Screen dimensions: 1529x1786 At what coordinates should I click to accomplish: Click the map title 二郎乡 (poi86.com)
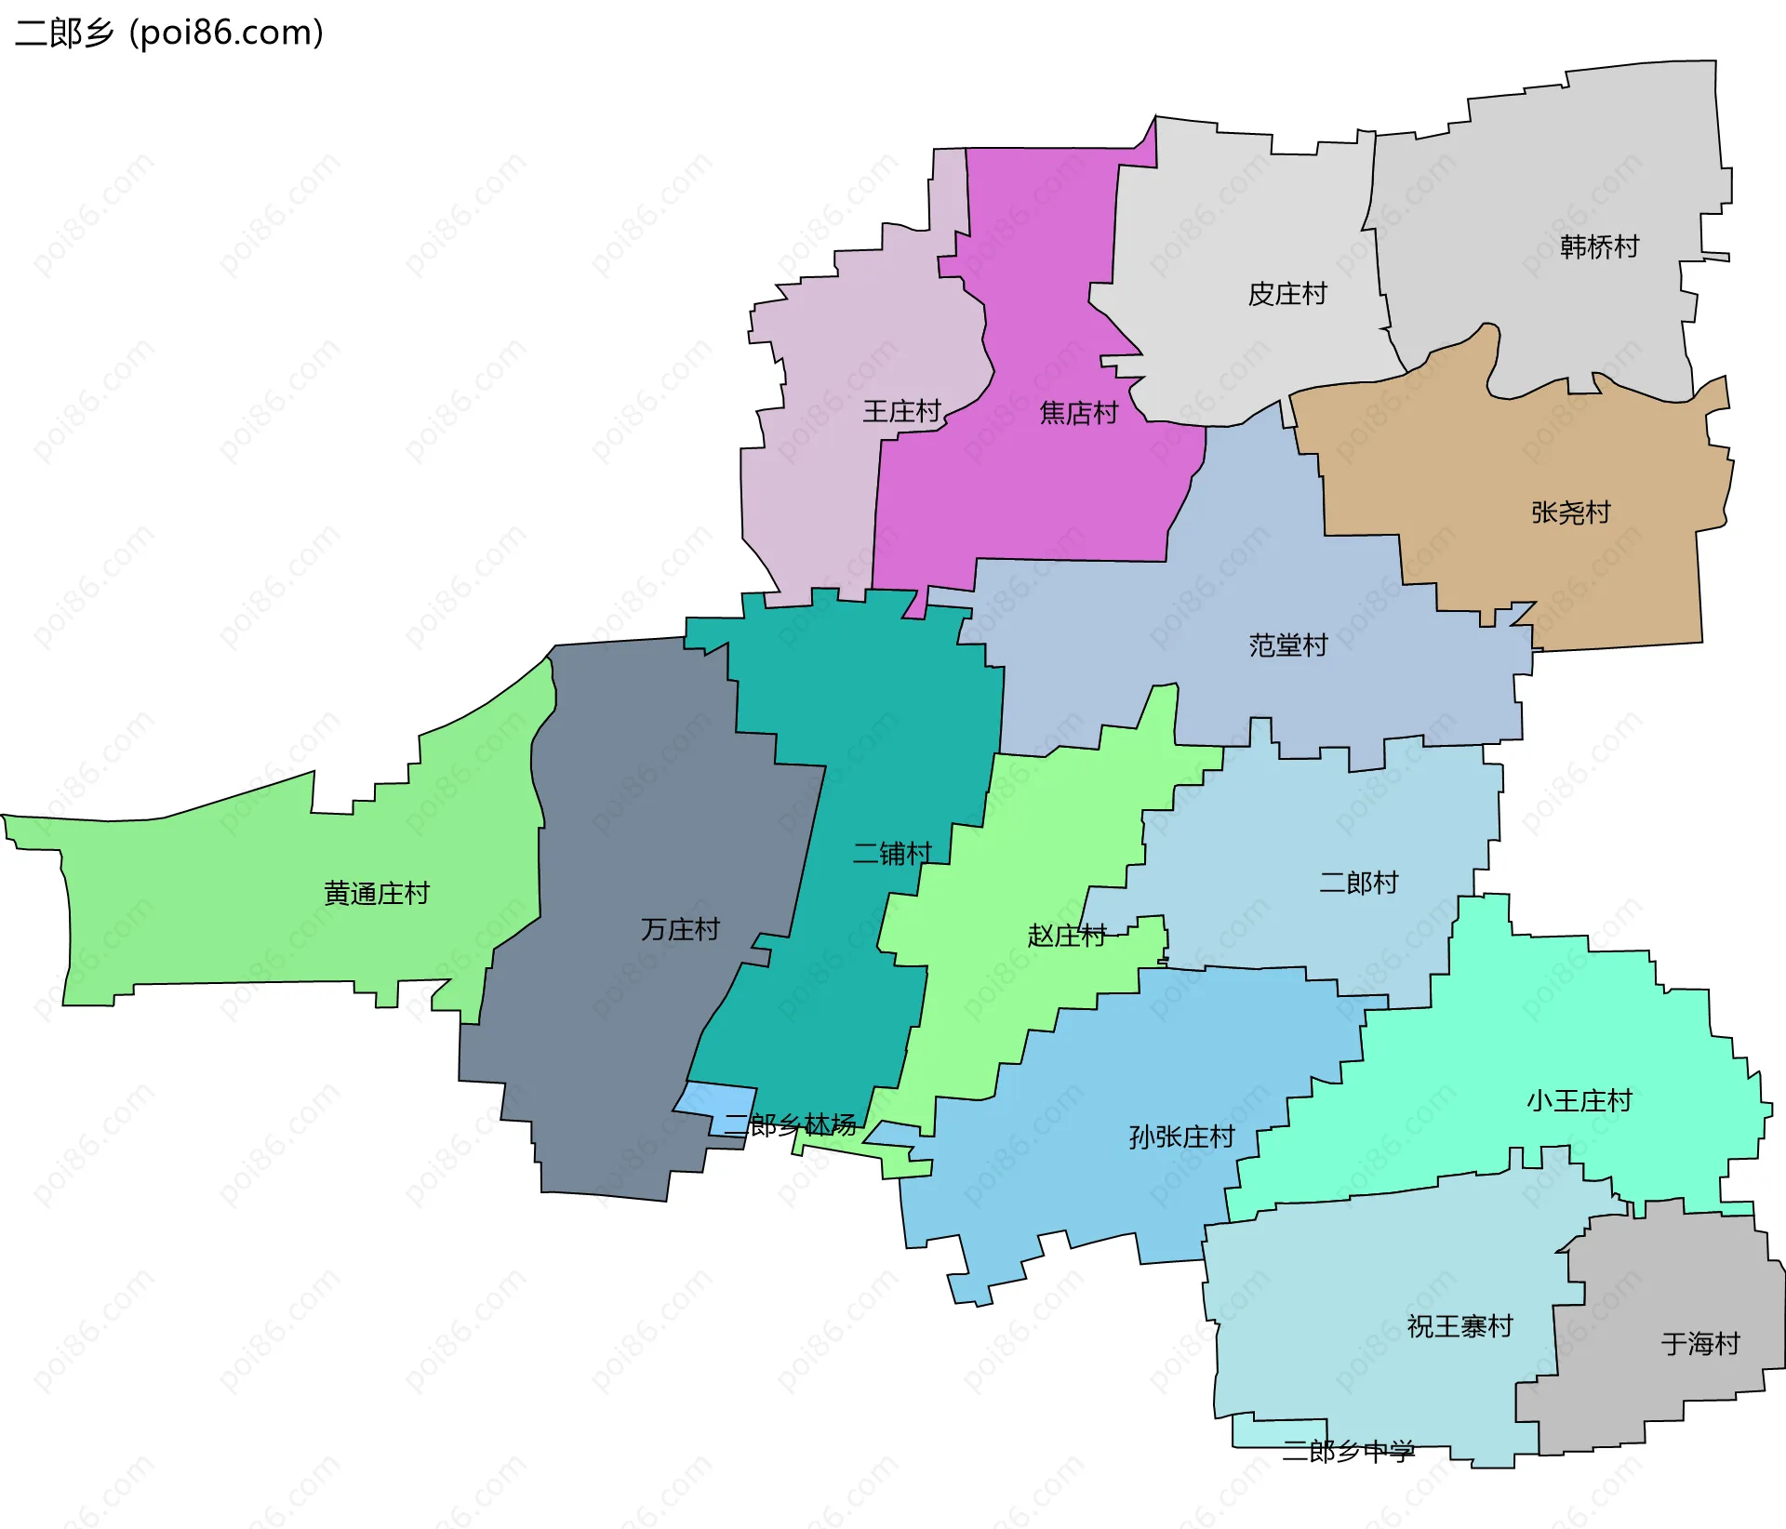pos(169,33)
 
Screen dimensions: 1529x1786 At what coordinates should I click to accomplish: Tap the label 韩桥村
pos(1599,246)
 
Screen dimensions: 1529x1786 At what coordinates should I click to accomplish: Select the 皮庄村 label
pos(1287,294)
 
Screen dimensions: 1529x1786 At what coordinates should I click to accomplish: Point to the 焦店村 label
pos(1079,413)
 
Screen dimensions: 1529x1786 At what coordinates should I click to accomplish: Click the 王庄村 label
pos(901,411)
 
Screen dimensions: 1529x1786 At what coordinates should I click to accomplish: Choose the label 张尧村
pos(1570,512)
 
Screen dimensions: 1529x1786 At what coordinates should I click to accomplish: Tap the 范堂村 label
pos(1287,645)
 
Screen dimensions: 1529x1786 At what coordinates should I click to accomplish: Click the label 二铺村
pos(892,853)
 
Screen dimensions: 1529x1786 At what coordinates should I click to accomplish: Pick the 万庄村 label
pos(680,929)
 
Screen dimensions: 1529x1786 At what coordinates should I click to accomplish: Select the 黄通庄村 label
pos(377,894)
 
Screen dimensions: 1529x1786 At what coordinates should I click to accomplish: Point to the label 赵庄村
pos(1067,935)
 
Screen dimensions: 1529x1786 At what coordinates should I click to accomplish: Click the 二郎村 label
pos(1359,883)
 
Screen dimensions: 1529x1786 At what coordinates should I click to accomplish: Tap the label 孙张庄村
pos(1181,1137)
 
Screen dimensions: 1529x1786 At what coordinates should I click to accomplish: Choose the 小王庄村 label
pos(1579,1101)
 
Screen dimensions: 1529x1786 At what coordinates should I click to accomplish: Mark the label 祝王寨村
pos(1459,1326)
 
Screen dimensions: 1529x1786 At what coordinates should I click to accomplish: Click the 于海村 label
pos(1700,1344)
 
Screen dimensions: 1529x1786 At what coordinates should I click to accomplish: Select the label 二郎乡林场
pos(790,1125)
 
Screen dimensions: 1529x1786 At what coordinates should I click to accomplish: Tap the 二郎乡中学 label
pos(1348,1451)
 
